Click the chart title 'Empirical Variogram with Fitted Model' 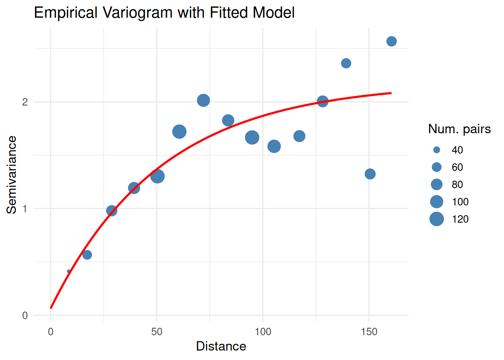(x=164, y=13)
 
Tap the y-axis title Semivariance (x=12, y=175)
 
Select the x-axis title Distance (x=221, y=346)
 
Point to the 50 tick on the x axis (x=157, y=332)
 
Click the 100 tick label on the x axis (x=263, y=332)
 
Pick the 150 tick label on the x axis (x=369, y=332)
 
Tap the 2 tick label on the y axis (x=25, y=102)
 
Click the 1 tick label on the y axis (x=25, y=208)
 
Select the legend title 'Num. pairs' (x=459, y=129)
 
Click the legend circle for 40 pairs (x=436, y=150)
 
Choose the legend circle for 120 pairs (x=436, y=219)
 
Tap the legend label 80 (x=457, y=184)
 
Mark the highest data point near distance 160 (x=391, y=41)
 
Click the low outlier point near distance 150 (x=370, y=174)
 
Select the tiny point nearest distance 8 (x=69, y=271)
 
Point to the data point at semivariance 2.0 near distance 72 (x=203, y=100)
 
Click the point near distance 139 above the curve (x=346, y=63)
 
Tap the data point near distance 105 (x=274, y=146)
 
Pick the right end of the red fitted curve (x=391, y=93)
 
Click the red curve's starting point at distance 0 (x=51, y=308)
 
